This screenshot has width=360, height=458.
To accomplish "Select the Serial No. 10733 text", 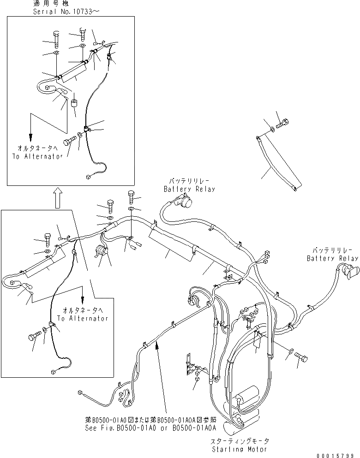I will tap(68, 11).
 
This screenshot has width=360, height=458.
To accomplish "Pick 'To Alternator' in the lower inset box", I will tap(83, 318).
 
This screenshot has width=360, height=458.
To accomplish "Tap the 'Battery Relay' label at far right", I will tap(333, 258).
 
